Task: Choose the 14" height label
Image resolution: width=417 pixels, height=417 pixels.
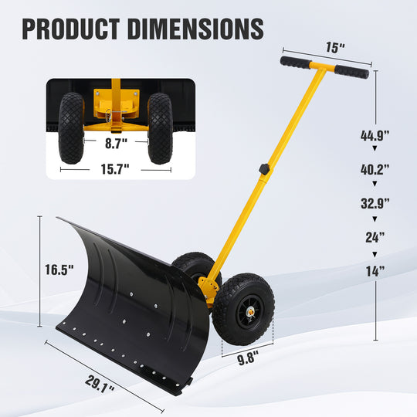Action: coord(375,270)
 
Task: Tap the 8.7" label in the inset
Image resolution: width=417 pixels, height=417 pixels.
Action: coord(117,142)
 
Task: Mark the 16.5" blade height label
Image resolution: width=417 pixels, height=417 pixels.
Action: coord(59,270)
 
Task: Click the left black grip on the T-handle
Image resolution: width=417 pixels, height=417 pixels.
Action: coord(295,61)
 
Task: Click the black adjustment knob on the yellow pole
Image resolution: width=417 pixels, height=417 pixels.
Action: coord(266,168)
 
